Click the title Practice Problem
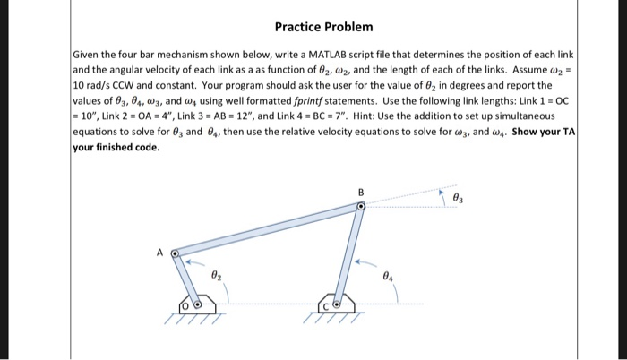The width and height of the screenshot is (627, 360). [x=324, y=28]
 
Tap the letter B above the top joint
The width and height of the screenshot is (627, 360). [x=361, y=192]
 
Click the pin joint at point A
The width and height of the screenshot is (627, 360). [x=176, y=254]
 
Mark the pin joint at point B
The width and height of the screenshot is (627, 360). [x=361, y=207]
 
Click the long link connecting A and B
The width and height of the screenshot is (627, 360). [x=269, y=230]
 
